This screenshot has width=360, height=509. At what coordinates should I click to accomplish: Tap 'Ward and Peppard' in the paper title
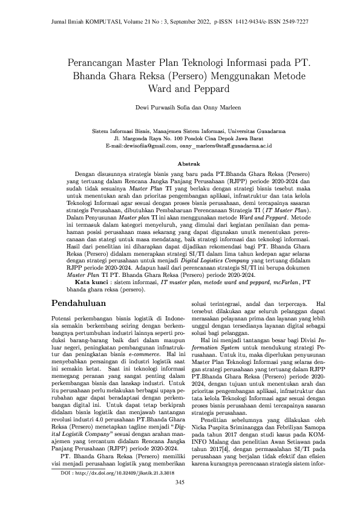pos(180,89)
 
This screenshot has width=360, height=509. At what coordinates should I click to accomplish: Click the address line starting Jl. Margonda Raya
pos(180,138)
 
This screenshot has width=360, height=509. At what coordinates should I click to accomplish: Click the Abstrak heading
pos(180,164)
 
